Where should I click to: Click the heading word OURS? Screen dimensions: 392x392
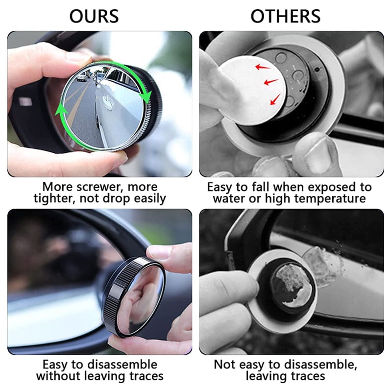pos(94,16)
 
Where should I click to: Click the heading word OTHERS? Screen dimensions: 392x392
pos(286,16)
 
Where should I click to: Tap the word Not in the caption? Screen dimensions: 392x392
pos(225,365)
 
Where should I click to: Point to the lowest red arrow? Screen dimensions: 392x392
pos(275,100)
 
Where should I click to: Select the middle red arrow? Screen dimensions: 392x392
pos(270,82)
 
